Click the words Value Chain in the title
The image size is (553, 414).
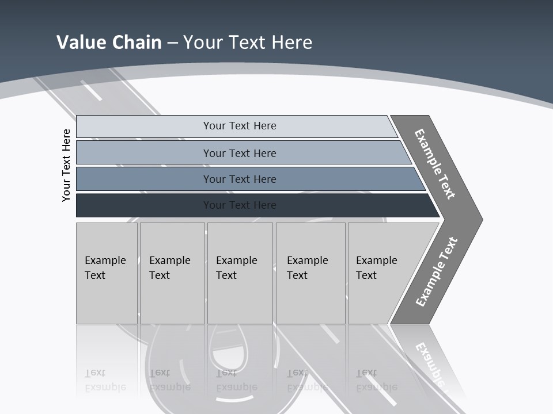click(109, 43)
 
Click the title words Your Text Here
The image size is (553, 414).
click(248, 43)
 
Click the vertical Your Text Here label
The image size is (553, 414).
click(66, 165)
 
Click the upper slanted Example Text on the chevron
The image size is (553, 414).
click(435, 163)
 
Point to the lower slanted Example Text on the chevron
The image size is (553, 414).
click(437, 271)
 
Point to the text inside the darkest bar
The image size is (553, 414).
click(240, 205)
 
